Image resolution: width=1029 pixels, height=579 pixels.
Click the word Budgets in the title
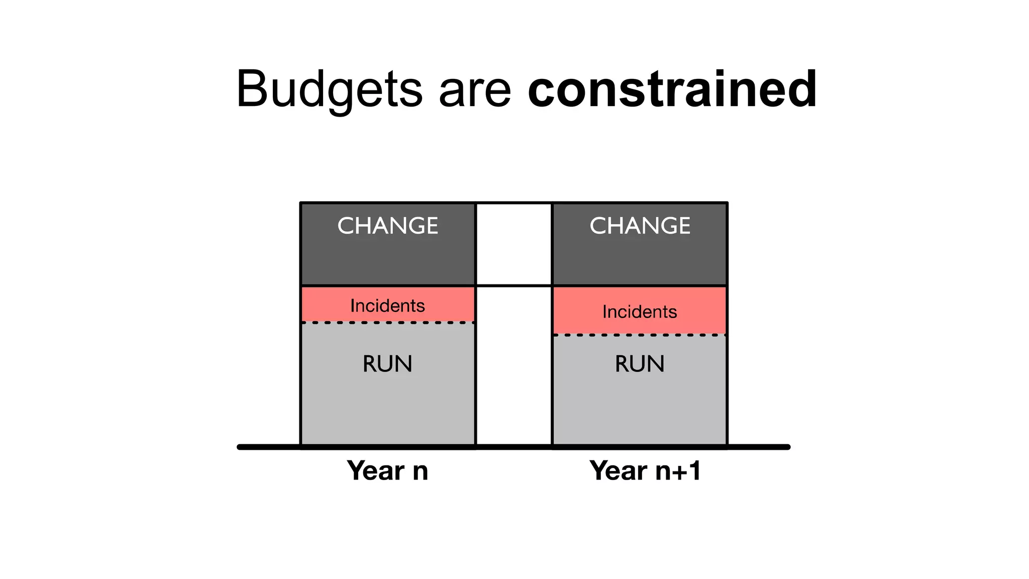click(329, 89)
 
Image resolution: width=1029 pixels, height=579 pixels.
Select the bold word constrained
click(672, 89)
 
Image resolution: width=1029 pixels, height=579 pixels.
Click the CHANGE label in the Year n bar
click(387, 226)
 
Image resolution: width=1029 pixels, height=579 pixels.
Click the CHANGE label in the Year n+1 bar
click(640, 226)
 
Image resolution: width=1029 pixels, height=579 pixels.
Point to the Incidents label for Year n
click(387, 306)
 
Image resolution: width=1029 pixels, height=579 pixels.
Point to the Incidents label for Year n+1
click(640, 312)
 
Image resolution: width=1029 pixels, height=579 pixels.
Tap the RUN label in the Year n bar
click(387, 364)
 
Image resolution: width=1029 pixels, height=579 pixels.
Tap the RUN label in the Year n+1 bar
click(640, 364)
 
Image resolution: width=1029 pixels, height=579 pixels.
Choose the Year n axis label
click(387, 471)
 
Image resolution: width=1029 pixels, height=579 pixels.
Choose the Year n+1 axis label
click(645, 471)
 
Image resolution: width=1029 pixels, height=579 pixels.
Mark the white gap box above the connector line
click(513, 244)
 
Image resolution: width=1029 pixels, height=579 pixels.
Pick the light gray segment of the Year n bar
click(387, 407)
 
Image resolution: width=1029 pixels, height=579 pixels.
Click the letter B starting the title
click(251, 89)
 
